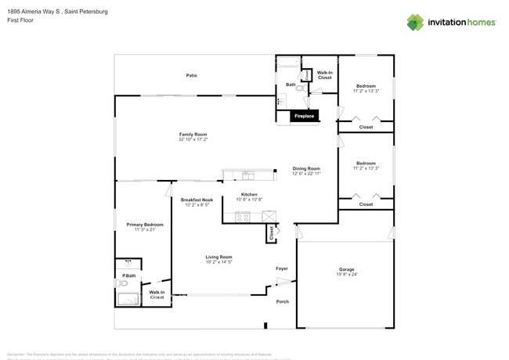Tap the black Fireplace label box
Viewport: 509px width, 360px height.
(x=304, y=117)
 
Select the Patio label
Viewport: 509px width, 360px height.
(x=191, y=76)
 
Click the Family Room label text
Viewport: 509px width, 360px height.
(x=193, y=135)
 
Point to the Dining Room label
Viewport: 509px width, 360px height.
(x=306, y=168)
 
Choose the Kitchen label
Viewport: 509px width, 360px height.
(x=249, y=194)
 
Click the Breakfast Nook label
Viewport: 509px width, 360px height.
(x=197, y=200)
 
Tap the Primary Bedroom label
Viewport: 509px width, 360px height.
(x=145, y=225)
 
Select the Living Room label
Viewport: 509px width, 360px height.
(x=218, y=257)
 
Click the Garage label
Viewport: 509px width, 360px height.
(x=346, y=269)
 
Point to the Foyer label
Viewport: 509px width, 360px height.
(x=282, y=268)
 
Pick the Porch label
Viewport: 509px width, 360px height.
(x=282, y=301)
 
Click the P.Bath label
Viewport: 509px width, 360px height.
(x=128, y=275)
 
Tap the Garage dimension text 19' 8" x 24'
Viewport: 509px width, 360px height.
(x=346, y=275)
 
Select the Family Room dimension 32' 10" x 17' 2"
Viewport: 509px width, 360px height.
(x=193, y=140)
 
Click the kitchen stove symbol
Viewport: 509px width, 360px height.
(x=243, y=218)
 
